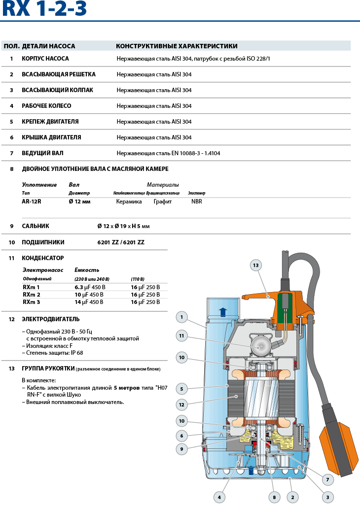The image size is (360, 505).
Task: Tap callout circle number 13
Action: (255, 265)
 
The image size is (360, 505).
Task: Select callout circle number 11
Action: (181, 336)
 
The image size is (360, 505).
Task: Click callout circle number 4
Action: (219, 497)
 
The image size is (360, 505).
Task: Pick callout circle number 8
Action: (274, 497)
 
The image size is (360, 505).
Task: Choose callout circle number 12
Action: (181, 404)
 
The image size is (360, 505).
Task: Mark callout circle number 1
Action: (181, 317)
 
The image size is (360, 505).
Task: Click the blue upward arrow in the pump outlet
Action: (222, 311)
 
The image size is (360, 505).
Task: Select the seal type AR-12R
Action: (32, 202)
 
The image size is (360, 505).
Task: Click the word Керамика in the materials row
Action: (129, 202)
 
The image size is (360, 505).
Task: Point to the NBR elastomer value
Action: (197, 202)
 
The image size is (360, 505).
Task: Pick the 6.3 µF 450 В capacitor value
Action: (90, 287)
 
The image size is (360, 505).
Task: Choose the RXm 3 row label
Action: (32, 302)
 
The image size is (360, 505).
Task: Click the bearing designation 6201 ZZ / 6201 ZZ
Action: (121, 242)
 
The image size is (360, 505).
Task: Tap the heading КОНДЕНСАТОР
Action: (43, 258)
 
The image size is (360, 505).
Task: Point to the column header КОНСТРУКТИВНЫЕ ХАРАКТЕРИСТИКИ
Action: (177, 46)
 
